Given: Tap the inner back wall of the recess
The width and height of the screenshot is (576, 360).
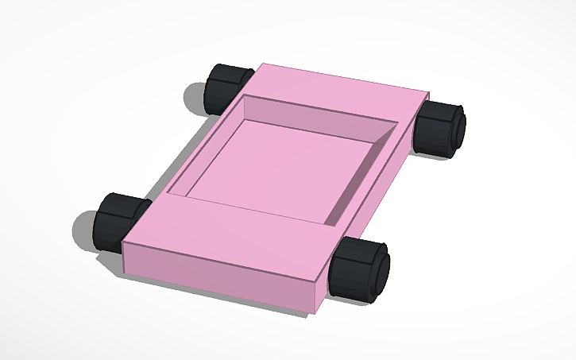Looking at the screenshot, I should tap(318, 115).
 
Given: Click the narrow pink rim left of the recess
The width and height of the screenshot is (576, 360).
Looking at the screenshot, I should tap(199, 151).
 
